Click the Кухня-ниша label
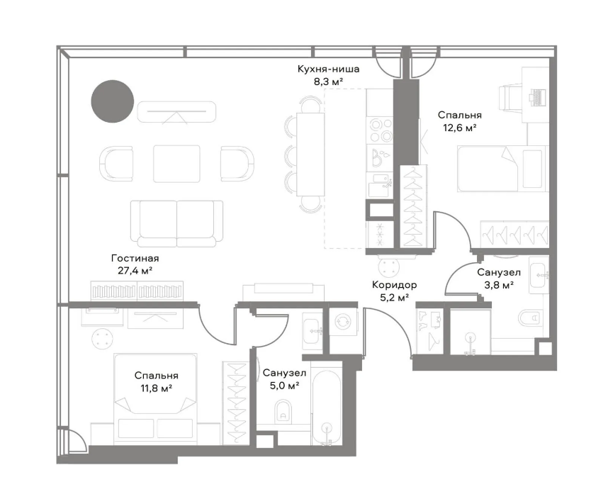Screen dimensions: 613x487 328,69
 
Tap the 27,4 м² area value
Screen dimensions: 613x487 135,271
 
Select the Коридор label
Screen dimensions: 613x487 395,285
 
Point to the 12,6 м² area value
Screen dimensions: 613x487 459,128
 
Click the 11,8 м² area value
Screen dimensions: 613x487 156,388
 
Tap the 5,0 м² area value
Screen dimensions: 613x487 285,386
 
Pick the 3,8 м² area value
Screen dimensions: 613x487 499,285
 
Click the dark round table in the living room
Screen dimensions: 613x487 113,101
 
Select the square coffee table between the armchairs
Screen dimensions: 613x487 176,164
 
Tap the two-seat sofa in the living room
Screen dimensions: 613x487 176,223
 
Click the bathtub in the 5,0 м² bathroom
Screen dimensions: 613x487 327,407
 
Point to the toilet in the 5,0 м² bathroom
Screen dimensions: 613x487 283,410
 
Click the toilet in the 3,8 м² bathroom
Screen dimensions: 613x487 531,318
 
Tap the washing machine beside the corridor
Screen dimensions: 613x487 343,321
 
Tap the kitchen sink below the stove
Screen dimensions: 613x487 380,185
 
